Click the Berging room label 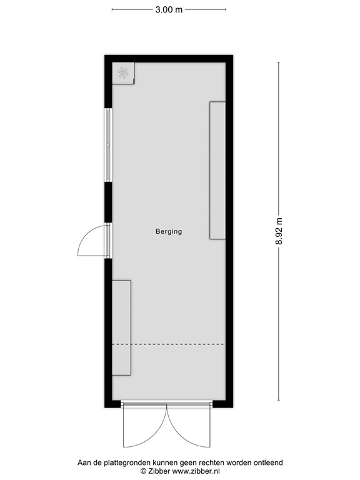tap(169, 231)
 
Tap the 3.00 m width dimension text tap(169, 9)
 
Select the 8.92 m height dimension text tap(279, 231)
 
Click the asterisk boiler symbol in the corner tap(123, 73)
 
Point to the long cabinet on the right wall tap(217, 170)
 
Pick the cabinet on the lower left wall tap(121, 327)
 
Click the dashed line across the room tap(168, 344)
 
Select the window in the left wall tap(108, 145)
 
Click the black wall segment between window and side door tap(108, 202)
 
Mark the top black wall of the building tap(169, 59)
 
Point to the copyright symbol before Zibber tap(143, 471)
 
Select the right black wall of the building tap(229, 231)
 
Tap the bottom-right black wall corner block tap(223, 404)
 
